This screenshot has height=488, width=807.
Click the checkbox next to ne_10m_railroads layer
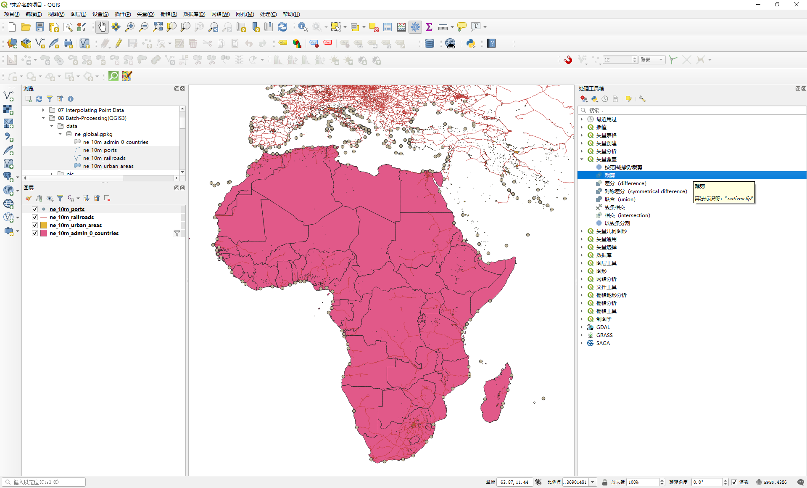pyautogui.click(x=35, y=217)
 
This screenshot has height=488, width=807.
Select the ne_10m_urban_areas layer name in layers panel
pyautogui.click(x=76, y=225)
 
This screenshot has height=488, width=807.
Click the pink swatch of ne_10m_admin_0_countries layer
pyautogui.click(x=44, y=233)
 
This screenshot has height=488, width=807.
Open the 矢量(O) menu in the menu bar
pyautogui.click(x=145, y=14)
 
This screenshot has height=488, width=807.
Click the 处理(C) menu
pyautogui.click(x=268, y=14)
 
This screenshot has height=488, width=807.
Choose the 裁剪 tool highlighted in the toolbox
pyautogui.click(x=609, y=175)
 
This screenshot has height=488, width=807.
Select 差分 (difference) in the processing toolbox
pyautogui.click(x=625, y=183)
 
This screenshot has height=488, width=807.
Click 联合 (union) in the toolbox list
pyautogui.click(x=620, y=199)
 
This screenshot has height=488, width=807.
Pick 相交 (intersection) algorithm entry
pyautogui.click(x=627, y=215)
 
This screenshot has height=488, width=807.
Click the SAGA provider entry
pyautogui.click(x=603, y=343)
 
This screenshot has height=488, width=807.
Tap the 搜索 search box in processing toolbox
pyautogui.click(x=689, y=110)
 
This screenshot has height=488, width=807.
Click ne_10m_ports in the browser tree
pyautogui.click(x=100, y=150)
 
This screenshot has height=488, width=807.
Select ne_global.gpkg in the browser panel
pyautogui.click(x=93, y=134)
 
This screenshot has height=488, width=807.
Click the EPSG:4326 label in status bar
pyautogui.click(x=775, y=482)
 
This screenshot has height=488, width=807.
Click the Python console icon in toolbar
pyautogui.click(x=471, y=43)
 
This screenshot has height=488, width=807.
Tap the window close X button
pyautogui.click(x=796, y=5)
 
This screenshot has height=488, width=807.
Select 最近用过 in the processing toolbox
pyautogui.click(x=606, y=119)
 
